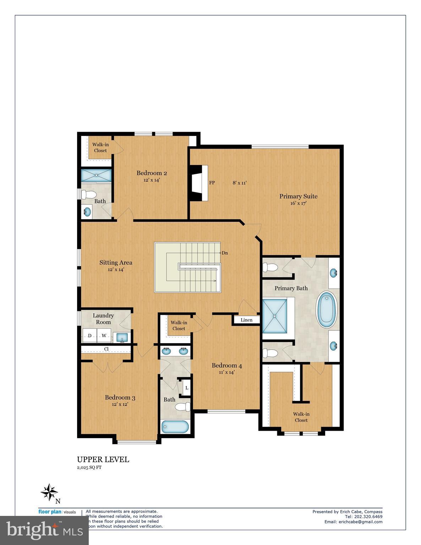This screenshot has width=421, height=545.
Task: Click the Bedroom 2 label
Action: coord(152,173)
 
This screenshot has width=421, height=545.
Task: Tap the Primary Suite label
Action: coord(298,196)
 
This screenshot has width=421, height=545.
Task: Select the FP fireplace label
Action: coord(212,183)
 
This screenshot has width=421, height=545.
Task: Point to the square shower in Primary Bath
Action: coord(275,315)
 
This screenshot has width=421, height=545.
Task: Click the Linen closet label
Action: coord(246,320)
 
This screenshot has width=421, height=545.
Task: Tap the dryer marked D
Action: coord(90,336)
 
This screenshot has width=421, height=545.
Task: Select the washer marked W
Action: coord(104,336)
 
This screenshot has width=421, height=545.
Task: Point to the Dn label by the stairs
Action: coord(224,253)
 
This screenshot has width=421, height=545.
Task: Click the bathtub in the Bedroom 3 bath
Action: coord(175,427)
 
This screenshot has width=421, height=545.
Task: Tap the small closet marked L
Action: coord(186,388)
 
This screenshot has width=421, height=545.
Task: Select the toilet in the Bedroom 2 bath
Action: coord(89,195)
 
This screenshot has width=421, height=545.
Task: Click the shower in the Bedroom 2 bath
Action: coord(96,175)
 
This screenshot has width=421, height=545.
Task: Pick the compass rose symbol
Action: coord(49,492)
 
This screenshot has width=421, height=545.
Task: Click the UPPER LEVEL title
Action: coord(103,459)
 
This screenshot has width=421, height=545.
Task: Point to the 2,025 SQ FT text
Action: coord(89,468)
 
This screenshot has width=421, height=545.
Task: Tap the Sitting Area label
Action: coord(116,263)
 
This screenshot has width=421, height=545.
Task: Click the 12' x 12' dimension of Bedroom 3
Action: coord(120,404)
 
